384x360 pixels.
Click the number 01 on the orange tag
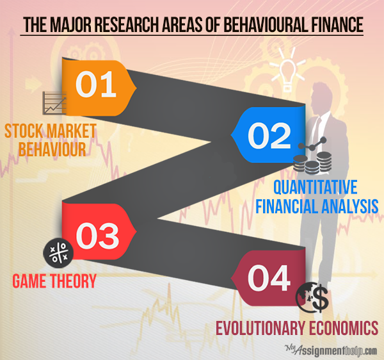click(95, 84)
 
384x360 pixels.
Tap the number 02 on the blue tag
click(269, 136)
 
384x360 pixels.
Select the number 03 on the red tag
click(97, 236)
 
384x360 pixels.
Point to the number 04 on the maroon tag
click(269, 278)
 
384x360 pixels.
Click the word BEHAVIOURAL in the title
click(265, 25)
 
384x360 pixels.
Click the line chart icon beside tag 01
click(54, 103)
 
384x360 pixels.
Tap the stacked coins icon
click(312, 161)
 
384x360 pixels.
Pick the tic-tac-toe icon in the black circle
click(58, 253)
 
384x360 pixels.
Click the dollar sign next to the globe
click(320, 298)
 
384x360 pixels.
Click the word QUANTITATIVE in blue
click(315, 187)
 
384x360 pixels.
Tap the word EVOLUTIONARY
click(260, 328)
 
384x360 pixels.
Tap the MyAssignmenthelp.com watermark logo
click(331, 350)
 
